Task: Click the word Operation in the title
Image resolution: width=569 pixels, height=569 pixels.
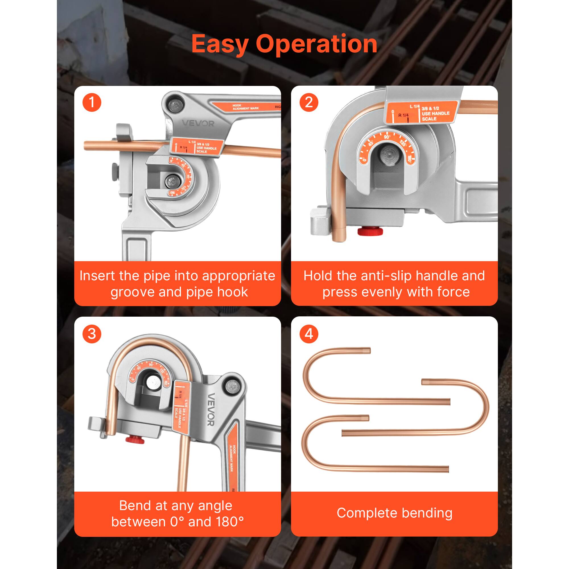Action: pyautogui.click(x=316, y=44)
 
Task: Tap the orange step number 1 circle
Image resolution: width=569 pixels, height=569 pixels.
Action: pyautogui.click(x=92, y=102)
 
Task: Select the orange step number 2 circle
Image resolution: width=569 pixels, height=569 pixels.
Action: pyautogui.click(x=309, y=102)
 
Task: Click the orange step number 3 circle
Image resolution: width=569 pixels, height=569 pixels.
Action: pyautogui.click(x=92, y=334)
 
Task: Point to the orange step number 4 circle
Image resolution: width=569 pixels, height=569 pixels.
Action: pyautogui.click(x=309, y=334)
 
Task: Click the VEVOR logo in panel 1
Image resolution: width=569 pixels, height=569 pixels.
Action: pyautogui.click(x=198, y=123)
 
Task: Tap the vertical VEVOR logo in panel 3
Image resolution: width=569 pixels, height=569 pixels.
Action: pyautogui.click(x=211, y=410)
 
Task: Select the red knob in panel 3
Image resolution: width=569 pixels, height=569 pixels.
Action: pyautogui.click(x=135, y=440)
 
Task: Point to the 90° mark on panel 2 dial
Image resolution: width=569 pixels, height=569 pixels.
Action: pyautogui.click(x=387, y=137)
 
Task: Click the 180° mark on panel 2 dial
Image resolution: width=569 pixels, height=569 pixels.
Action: pyautogui.click(x=409, y=159)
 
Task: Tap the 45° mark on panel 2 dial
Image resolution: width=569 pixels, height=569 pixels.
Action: pyautogui.click(x=371, y=143)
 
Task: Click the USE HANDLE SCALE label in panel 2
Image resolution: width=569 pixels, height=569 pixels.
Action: pyautogui.click(x=435, y=114)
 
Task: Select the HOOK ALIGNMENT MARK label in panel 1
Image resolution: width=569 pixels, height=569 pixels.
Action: pyautogui.click(x=245, y=107)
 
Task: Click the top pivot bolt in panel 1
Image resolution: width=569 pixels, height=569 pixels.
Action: pyautogui.click(x=175, y=105)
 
